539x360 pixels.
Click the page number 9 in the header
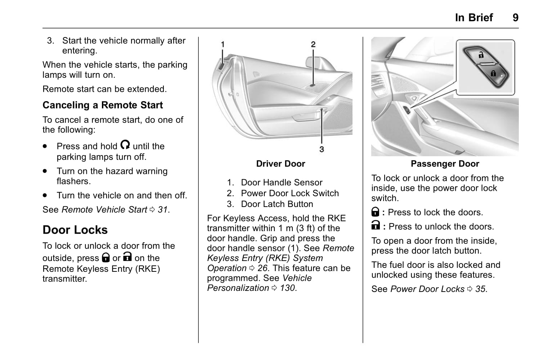point(515,17)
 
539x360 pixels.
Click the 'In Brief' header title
point(473,17)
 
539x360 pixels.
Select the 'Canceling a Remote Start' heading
point(103,105)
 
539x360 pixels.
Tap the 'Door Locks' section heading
point(75,230)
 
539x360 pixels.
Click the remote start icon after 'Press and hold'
point(125,145)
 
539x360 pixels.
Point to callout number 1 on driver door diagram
point(223,44)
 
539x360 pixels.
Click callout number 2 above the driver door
point(313,44)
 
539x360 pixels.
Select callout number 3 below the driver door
point(322,149)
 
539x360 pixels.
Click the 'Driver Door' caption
point(280,164)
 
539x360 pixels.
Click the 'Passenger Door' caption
point(445,164)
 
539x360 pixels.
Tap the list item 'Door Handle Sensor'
point(282,183)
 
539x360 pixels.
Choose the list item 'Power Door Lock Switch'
point(290,193)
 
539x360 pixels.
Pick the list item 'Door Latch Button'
point(277,204)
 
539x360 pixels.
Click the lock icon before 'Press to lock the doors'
point(375,212)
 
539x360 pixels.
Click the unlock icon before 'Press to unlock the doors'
point(375,226)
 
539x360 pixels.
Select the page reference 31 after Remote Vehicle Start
point(163,210)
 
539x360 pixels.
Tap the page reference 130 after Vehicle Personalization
point(287,288)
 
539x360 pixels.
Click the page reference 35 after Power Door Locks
point(480,289)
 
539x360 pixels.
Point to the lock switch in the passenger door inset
point(486,65)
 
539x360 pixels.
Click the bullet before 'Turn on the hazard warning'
point(45,171)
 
